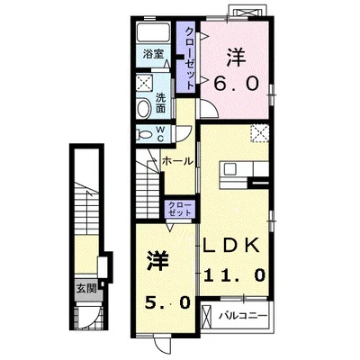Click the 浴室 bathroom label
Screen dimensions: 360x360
coord(153,54)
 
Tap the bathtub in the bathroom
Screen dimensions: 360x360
coord(153,31)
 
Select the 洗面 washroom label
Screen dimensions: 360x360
coord(161,103)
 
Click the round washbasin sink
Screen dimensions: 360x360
coord(144,109)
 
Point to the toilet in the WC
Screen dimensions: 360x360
coord(143,133)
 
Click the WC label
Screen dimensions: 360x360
coord(160,134)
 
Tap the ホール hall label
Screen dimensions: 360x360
coord(177,161)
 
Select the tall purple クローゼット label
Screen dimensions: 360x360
coord(190,58)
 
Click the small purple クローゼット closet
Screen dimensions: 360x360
coord(180,209)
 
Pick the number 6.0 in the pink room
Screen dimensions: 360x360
coord(236,83)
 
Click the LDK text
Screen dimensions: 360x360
coord(231,245)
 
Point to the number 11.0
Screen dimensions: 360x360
coord(235,274)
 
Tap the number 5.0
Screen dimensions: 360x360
coord(167,302)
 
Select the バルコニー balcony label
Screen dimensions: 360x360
coord(243,316)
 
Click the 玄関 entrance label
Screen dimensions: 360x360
coord(86,289)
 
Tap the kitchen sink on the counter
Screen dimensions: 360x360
coord(230,169)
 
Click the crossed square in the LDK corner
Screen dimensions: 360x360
coord(259,132)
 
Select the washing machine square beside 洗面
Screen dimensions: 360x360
coord(145,82)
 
